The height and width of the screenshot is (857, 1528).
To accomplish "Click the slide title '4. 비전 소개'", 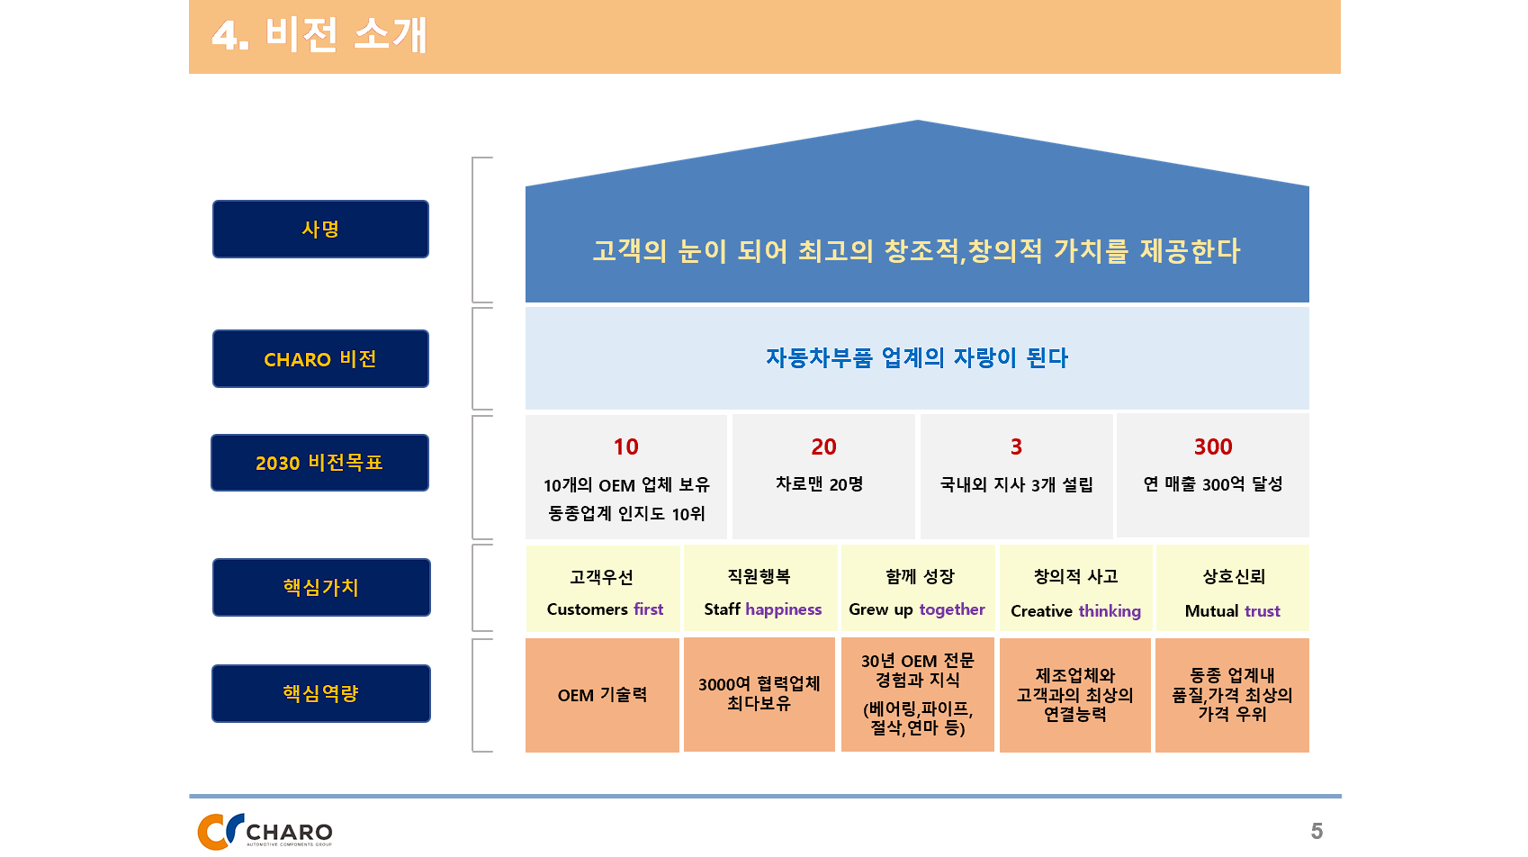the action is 319,35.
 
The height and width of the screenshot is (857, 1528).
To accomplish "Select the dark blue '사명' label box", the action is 320,229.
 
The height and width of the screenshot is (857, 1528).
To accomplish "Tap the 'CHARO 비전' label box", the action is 320,359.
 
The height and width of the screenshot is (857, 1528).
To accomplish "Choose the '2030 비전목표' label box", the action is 320,463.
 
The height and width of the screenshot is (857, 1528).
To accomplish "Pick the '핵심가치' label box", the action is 321,588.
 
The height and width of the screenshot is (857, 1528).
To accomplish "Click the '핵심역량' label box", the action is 321,693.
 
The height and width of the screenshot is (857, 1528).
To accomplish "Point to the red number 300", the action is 1213,447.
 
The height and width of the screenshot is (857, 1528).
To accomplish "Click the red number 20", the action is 823,447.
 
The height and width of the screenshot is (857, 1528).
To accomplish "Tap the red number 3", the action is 1016,447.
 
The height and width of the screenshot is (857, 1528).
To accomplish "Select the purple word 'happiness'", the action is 783,609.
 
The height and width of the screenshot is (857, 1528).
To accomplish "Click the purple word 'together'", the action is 951,609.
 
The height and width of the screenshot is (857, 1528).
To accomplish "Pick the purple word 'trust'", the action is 1262,610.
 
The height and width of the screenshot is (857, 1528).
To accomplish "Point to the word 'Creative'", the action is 1042,610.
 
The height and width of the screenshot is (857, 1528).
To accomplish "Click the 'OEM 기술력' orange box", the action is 602,695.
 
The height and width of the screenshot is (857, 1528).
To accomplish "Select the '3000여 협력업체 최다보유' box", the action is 760,695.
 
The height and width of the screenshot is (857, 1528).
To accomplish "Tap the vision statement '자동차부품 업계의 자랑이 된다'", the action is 917,357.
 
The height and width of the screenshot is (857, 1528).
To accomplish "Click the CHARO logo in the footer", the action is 265,831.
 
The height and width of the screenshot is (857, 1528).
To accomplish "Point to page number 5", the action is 1317,831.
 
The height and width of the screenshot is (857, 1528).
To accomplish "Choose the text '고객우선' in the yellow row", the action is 602,577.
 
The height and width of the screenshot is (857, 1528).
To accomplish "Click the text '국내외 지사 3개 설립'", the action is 1016,485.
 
